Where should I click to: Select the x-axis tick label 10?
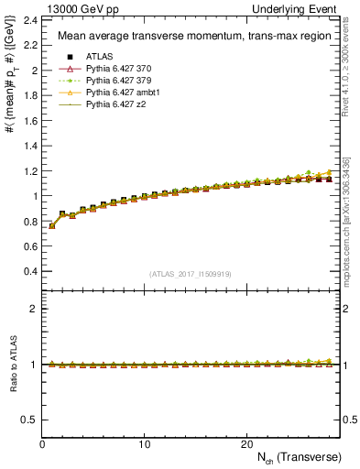[x=144, y=443]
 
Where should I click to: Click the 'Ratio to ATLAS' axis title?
[x=12, y=364]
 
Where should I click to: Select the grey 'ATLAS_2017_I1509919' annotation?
[x=191, y=273]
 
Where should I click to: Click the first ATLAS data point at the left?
[x=52, y=225]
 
